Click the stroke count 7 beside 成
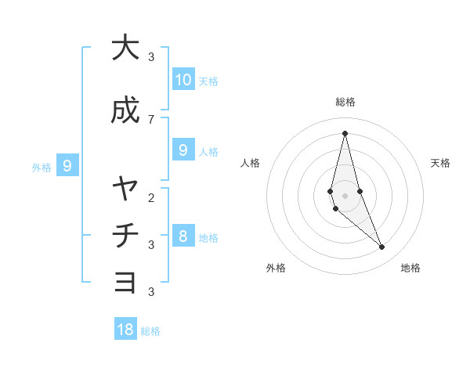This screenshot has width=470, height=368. pyautogui.click(x=151, y=119)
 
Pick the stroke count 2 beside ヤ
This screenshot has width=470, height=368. pyautogui.click(x=151, y=197)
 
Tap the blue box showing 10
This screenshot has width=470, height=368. pyautogui.click(x=183, y=79)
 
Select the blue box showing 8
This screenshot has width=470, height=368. pyautogui.click(x=183, y=236)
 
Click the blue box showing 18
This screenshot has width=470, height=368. pyautogui.click(x=125, y=330)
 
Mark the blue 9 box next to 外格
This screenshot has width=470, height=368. pyautogui.click(x=67, y=165)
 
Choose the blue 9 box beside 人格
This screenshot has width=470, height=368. pyautogui.click(x=183, y=150)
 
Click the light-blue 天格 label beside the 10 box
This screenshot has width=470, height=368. pyautogui.click(x=208, y=81)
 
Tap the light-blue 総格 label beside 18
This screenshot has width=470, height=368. pyautogui.click(x=150, y=331)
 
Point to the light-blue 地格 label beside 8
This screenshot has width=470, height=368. pyautogui.click(x=208, y=237)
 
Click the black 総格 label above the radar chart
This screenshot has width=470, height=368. pyautogui.click(x=345, y=102)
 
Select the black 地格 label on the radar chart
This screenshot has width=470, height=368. pyautogui.click(x=410, y=268)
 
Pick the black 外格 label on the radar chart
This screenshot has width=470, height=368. pyautogui.click(x=276, y=268)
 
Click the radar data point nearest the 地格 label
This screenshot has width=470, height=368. pyautogui.click(x=382, y=247)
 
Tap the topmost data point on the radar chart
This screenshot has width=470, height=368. pyautogui.click(x=345, y=132)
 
